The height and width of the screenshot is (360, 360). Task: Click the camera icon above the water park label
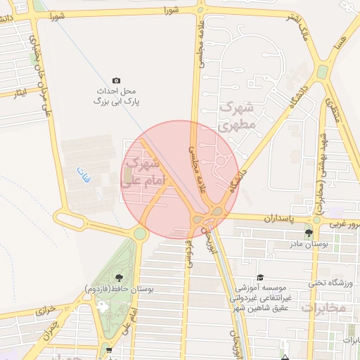pyautogui.click(x=116, y=81)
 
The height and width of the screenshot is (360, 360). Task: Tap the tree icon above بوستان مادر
pyautogui.click(x=309, y=233)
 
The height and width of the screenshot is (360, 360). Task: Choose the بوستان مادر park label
pyautogui.click(x=309, y=245)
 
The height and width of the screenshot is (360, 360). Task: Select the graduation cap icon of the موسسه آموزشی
pyautogui.click(x=260, y=278)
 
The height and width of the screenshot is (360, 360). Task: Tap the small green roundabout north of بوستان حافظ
pyautogui.click(x=141, y=233)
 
